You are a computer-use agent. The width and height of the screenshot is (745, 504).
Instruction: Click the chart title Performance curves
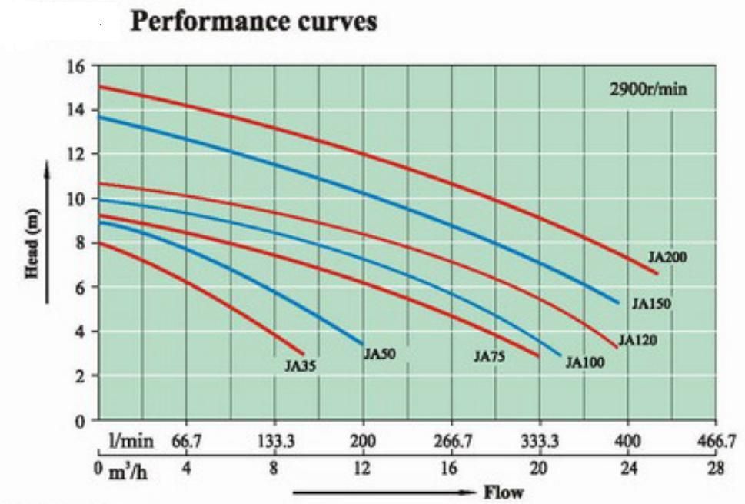pyautogui.click(x=255, y=22)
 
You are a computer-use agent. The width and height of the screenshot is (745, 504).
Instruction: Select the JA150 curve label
pyautogui.click(x=651, y=304)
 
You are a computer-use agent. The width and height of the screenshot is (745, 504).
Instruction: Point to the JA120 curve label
pyautogui.click(x=637, y=339)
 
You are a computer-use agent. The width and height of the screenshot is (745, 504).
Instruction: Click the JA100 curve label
pyautogui.click(x=585, y=363)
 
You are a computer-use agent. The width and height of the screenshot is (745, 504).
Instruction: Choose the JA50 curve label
pyautogui.click(x=379, y=354)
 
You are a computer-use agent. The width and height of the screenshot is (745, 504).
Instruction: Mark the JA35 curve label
pyautogui.click(x=300, y=366)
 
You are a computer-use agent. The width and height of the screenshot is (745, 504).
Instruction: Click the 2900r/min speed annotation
pyautogui.click(x=647, y=89)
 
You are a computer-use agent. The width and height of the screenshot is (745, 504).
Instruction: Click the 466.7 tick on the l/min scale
pyautogui.click(x=716, y=442)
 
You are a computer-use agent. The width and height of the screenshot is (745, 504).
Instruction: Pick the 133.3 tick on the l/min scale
pyautogui.click(x=274, y=442)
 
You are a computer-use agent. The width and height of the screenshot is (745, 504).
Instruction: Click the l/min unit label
pyautogui.click(x=132, y=442)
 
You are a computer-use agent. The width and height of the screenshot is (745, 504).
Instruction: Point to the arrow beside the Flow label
pyautogui.click(x=384, y=492)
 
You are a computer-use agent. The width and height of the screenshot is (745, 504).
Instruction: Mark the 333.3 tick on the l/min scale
pyautogui.click(x=540, y=442)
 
